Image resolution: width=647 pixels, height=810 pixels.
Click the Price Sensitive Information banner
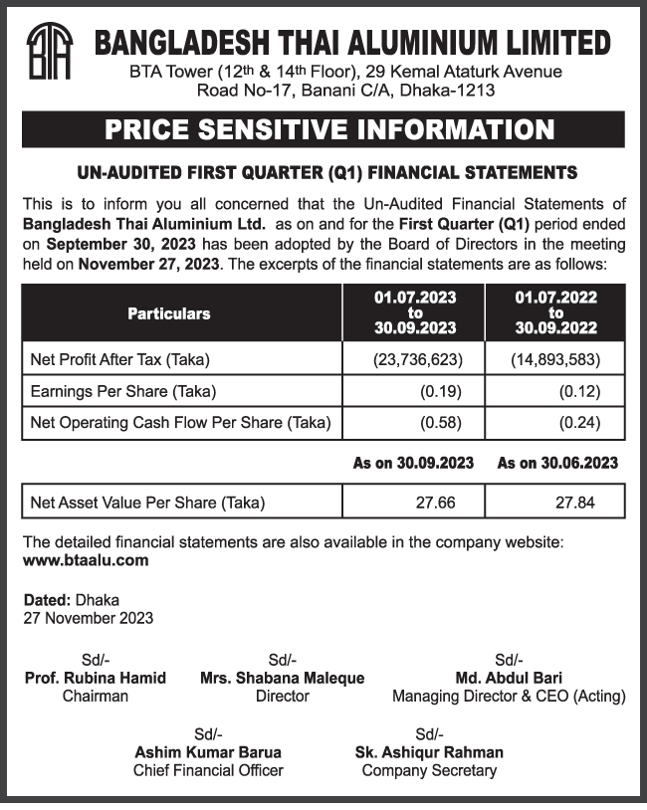point(323,129)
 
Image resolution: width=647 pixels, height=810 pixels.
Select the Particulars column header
point(169,313)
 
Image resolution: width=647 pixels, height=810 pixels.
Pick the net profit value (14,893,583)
point(555,359)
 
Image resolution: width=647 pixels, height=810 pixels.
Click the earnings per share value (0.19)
point(434,391)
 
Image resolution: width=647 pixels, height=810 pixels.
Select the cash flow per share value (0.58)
point(434,423)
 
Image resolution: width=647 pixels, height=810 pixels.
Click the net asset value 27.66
point(435,503)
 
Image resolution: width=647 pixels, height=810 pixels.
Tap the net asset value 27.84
point(574,503)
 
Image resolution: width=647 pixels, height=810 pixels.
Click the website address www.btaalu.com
point(86,560)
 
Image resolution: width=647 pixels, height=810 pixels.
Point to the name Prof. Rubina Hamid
point(95,678)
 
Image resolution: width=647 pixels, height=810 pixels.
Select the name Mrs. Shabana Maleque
point(282,678)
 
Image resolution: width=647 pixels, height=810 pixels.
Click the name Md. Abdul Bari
point(509,678)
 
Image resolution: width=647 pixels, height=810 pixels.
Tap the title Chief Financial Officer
point(208,770)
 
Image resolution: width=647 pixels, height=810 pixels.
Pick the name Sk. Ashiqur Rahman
point(429,752)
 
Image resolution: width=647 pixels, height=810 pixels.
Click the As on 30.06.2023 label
point(557,463)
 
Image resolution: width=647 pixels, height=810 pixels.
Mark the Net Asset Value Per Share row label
point(148,503)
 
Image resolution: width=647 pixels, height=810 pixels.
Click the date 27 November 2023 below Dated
point(89,618)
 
